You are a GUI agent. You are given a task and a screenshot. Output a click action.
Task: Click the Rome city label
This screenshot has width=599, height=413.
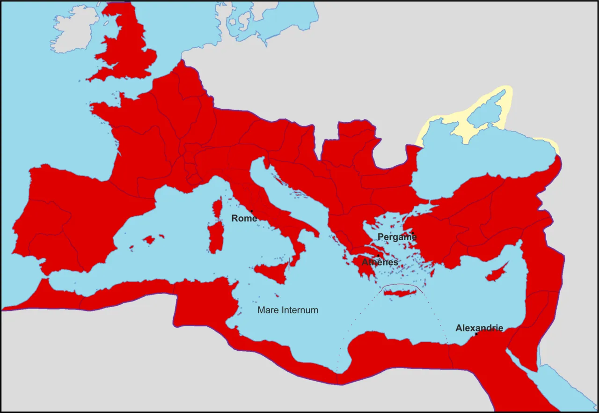244,219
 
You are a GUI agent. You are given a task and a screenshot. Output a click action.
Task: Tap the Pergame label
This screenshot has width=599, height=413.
397,237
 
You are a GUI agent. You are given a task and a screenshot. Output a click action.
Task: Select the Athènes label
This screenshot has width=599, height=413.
380,262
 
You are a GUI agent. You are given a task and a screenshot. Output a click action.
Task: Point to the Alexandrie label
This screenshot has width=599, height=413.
479,328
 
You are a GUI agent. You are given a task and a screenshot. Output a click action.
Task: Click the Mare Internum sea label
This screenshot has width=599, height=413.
288,310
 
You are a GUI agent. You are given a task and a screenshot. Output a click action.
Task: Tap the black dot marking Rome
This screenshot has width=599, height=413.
252,211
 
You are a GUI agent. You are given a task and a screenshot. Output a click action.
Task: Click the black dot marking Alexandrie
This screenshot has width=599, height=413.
476,334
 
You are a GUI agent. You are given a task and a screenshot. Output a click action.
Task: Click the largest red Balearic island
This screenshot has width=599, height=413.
149,240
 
